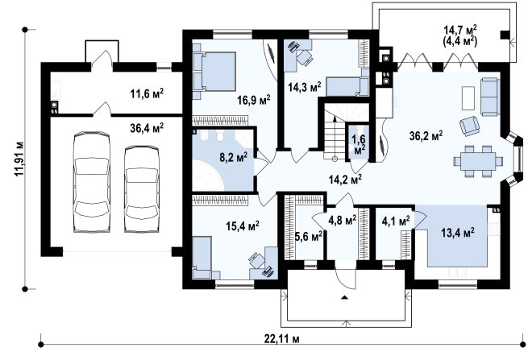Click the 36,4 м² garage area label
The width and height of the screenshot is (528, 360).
coord(147,127)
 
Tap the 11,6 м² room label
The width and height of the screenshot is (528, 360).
coord(147,93)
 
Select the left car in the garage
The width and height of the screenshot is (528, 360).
coord(92,182)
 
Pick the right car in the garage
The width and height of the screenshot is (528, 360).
coord(142,188)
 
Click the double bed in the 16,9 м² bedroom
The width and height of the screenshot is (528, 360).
coord(214,72)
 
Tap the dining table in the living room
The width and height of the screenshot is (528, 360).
coord(478,161)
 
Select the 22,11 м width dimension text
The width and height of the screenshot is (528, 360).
coord(281,339)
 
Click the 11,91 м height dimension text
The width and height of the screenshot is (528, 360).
coord(19,159)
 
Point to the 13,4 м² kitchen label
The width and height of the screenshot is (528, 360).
coord(458,233)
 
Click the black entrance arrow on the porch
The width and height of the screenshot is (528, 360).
coord(344,297)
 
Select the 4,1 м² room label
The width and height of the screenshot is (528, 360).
coord(396,221)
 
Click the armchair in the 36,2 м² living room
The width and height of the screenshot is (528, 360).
coord(470,126)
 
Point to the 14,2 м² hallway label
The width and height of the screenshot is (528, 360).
coord(345,180)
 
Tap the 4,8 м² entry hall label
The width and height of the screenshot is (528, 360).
coord(342,221)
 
